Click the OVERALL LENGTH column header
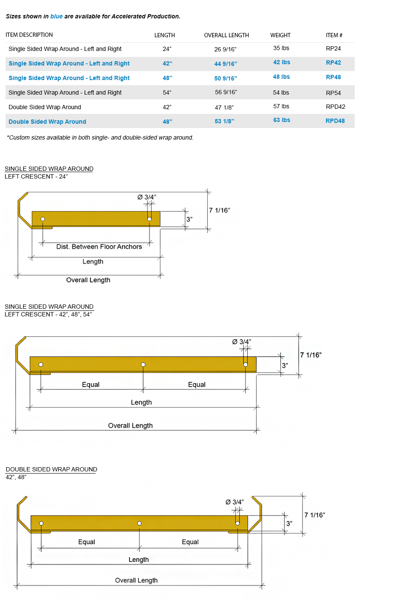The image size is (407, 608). click(227, 35)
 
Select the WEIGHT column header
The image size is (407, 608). click(280, 35)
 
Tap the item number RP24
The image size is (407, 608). click(333, 48)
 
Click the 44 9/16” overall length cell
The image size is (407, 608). click(226, 64)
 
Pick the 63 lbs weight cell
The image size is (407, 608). click(281, 120)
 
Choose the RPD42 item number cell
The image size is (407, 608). click(335, 107)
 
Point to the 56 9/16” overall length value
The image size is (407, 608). click(226, 92)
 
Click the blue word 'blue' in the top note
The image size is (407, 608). click(57, 16)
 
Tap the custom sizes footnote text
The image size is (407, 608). click(100, 137)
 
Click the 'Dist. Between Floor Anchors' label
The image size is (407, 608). click(99, 247)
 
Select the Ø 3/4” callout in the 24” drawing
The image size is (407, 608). click(147, 197)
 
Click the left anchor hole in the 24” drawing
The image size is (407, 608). click(42, 219)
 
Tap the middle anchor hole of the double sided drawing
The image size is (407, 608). click(139, 523)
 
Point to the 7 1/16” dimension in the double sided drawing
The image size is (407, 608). click(315, 515)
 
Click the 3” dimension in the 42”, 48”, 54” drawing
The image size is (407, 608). click(285, 366)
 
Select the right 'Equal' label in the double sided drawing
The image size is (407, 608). click(190, 542)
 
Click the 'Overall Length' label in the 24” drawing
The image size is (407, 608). click(88, 280)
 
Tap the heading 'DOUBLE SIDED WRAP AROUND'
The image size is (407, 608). click(51, 469)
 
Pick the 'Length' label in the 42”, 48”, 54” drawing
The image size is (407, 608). click(141, 402)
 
